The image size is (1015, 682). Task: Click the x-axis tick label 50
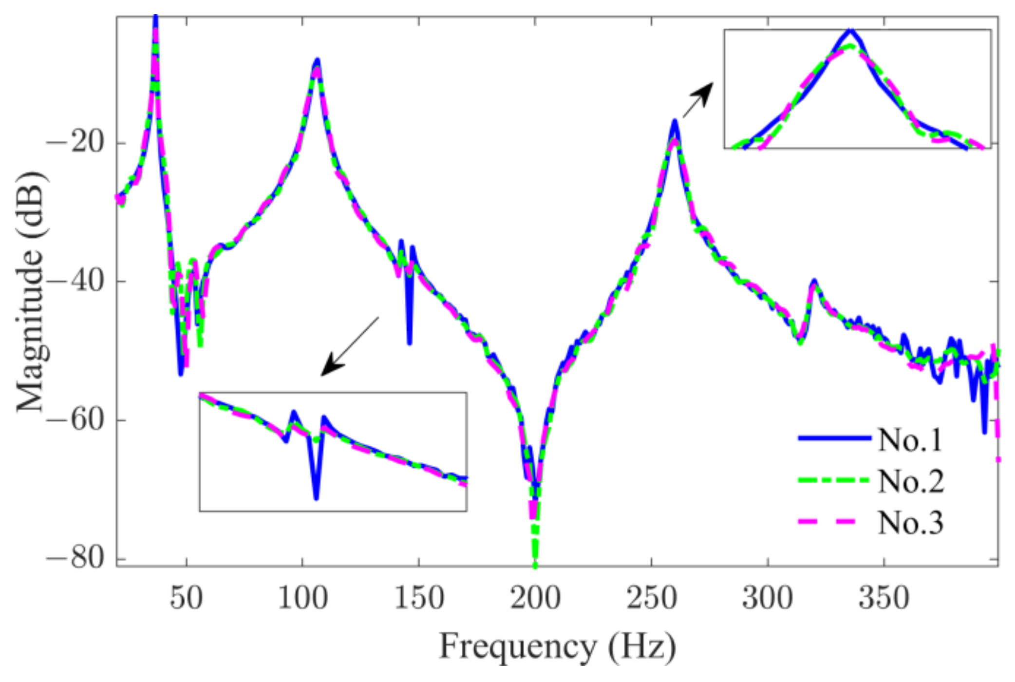coord(186,598)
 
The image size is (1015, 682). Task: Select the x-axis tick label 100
coord(302,598)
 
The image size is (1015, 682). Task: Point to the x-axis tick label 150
coord(419,598)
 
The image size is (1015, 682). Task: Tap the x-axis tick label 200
coord(535,598)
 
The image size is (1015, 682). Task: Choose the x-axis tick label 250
coord(652,598)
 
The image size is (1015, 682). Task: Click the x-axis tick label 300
coord(768,598)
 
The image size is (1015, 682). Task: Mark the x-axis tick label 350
coord(884,598)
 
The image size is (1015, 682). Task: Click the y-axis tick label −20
coord(75,143)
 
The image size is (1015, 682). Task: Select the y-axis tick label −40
coord(75,282)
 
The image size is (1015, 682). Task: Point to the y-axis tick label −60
coord(75,420)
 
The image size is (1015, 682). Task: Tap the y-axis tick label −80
coord(75,558)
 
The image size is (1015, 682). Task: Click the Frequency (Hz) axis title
coord(558,647)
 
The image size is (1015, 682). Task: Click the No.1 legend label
coord(910,440)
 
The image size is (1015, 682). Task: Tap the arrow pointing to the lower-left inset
coord(349,347)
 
